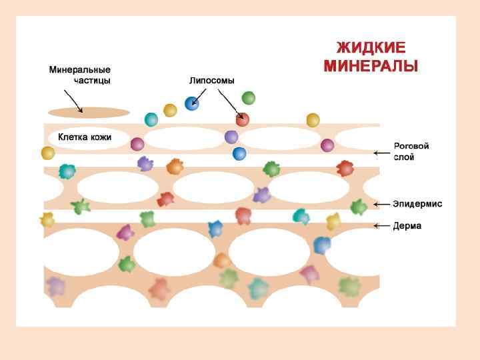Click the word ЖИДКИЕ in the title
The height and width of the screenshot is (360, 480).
click(x=371, y=49)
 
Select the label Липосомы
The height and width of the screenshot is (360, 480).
click(x=211, y=81)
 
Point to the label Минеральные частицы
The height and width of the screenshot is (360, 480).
click(x=80, y=75)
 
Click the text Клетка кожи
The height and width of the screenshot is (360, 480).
click(x=85, y=137)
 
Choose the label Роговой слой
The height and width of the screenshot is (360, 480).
click(x=411, y=151)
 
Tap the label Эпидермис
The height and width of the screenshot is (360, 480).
click(x=417, y=204)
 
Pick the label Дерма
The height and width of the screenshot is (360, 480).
click(x=407, y=226)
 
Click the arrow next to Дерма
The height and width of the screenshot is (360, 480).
click(x=381, y=226)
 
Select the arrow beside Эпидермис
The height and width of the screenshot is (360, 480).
click(x=381, y=204)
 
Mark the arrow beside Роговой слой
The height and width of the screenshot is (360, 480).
click(x=381, y=153)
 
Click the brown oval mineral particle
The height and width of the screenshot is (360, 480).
click(x=89, y=112)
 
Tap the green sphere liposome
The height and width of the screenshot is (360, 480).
click(x=248, y=98)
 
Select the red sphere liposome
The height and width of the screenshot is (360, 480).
click(x=242, y=119)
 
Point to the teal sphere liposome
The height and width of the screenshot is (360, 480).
click(x=151, y=119)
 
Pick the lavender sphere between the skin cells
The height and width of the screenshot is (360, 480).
click(x=231, y=137)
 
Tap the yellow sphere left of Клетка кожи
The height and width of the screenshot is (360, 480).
click(x=48, y=153)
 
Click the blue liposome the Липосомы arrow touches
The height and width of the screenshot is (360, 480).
click(x=192, y=103)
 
